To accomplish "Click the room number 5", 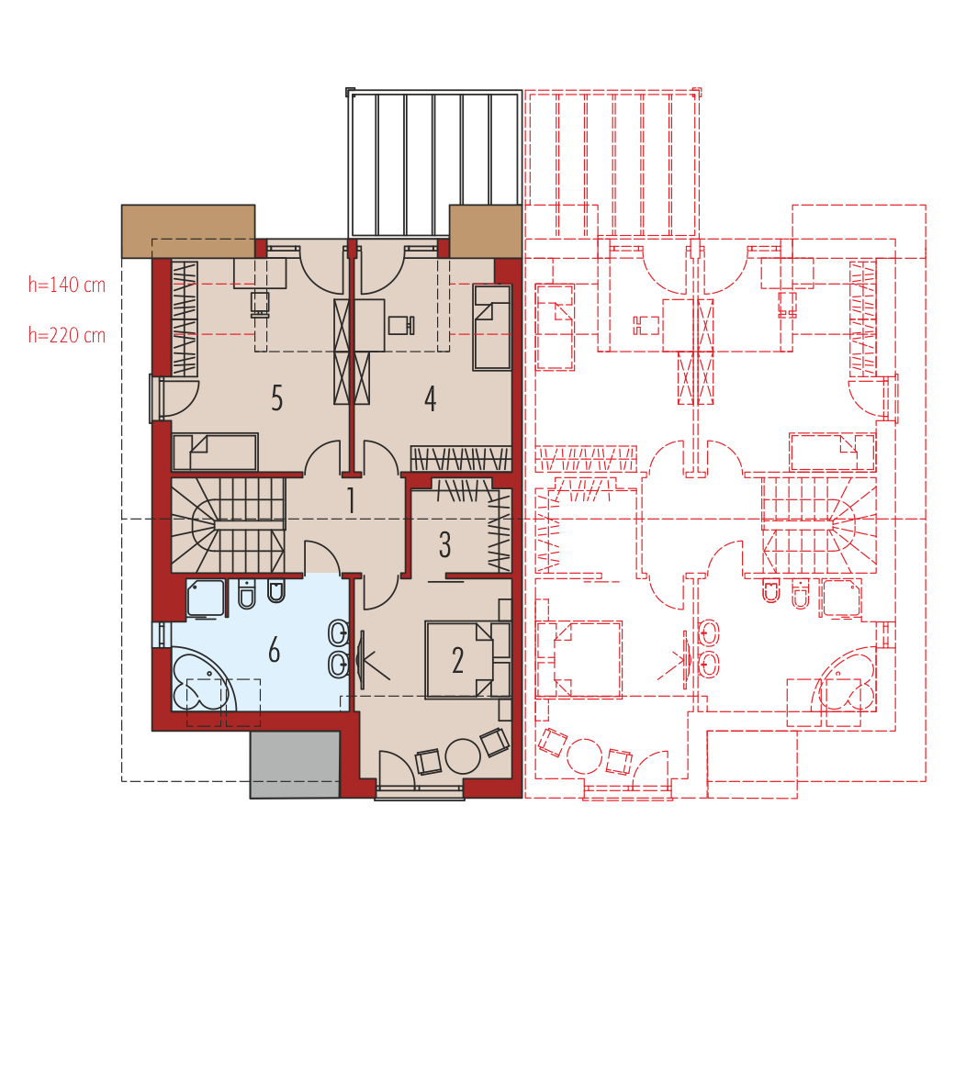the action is click(277, 398).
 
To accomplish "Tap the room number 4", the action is click(431, 398).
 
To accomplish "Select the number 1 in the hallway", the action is click(351, 500).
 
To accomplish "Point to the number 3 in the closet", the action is click(445, 544).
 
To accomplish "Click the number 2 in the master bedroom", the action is click(457, 661).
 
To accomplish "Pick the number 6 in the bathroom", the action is click(275, 651).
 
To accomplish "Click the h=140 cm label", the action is click(67, 285).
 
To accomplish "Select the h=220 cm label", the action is click(67, 336).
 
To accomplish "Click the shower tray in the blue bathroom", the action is click(206, 598).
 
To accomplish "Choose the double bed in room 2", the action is click(459, 659).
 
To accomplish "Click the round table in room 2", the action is click(463, 756).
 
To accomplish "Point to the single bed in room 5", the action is click(216, 452).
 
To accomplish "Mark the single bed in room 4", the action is click(492, 327).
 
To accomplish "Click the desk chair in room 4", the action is click(401, 325).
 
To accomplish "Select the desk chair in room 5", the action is click(260, 304).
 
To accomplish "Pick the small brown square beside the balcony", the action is click(486, 231).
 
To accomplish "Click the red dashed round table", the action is click(584, 756).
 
